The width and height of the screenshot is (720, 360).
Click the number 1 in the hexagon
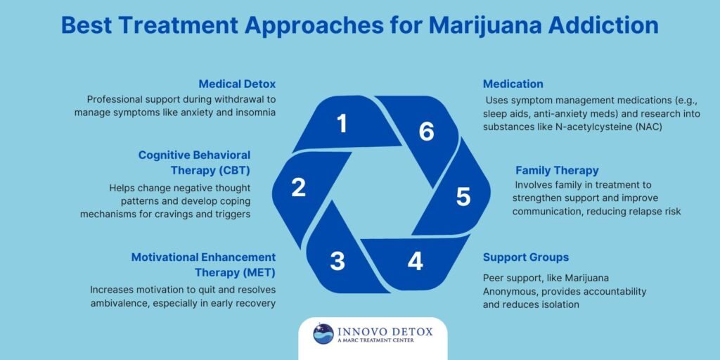(x=342, y=124)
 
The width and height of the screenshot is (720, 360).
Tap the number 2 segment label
(x=298, y=188)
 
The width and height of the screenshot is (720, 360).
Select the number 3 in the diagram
(x=337, y=261)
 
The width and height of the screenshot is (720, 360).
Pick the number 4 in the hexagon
(x=416, y=261)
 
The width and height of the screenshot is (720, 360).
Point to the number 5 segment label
(x=462, y=197)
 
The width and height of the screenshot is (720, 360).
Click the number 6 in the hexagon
(x=426, y=131)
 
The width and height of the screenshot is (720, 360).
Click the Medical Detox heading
(x=236, y=84)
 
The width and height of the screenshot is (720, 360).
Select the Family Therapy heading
(x=557, y=170)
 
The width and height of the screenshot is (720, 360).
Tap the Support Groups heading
(x=526, y=257)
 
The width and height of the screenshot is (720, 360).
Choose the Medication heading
(x=513, y=84)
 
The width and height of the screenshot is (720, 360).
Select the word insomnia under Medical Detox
(x=250, y=112)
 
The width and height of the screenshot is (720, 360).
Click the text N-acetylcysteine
(x=580, y=127)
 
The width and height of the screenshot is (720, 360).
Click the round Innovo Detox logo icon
(x=323, y=333)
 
